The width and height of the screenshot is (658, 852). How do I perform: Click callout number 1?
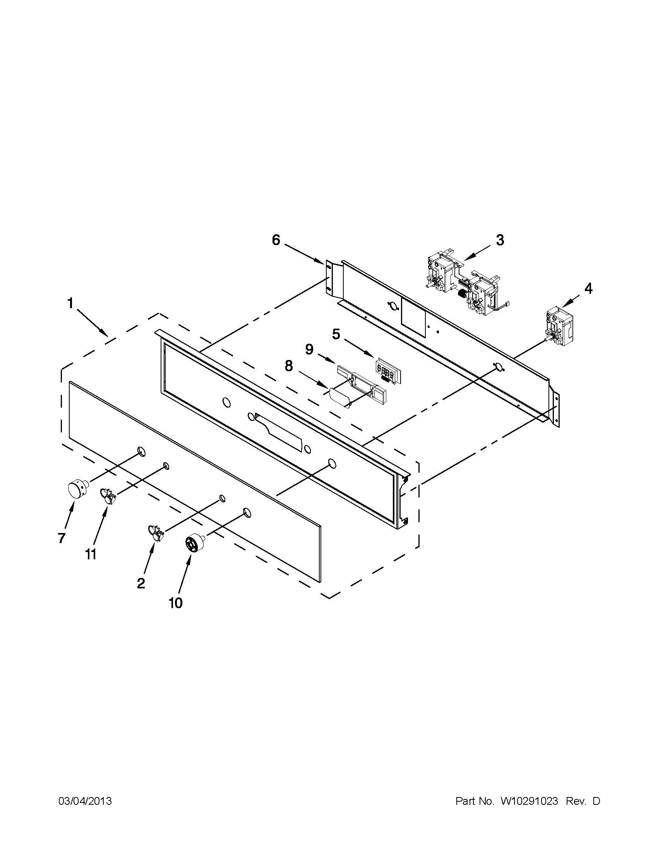[70, 303]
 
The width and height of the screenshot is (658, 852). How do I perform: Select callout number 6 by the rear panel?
[276, 240]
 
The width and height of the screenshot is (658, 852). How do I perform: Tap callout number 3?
[500, 240]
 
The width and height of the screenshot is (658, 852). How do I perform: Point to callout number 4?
[588, 289]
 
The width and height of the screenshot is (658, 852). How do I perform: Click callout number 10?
[175, 603]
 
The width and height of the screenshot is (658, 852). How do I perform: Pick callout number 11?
[91, 554]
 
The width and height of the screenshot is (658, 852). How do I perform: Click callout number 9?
[309, 350]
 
